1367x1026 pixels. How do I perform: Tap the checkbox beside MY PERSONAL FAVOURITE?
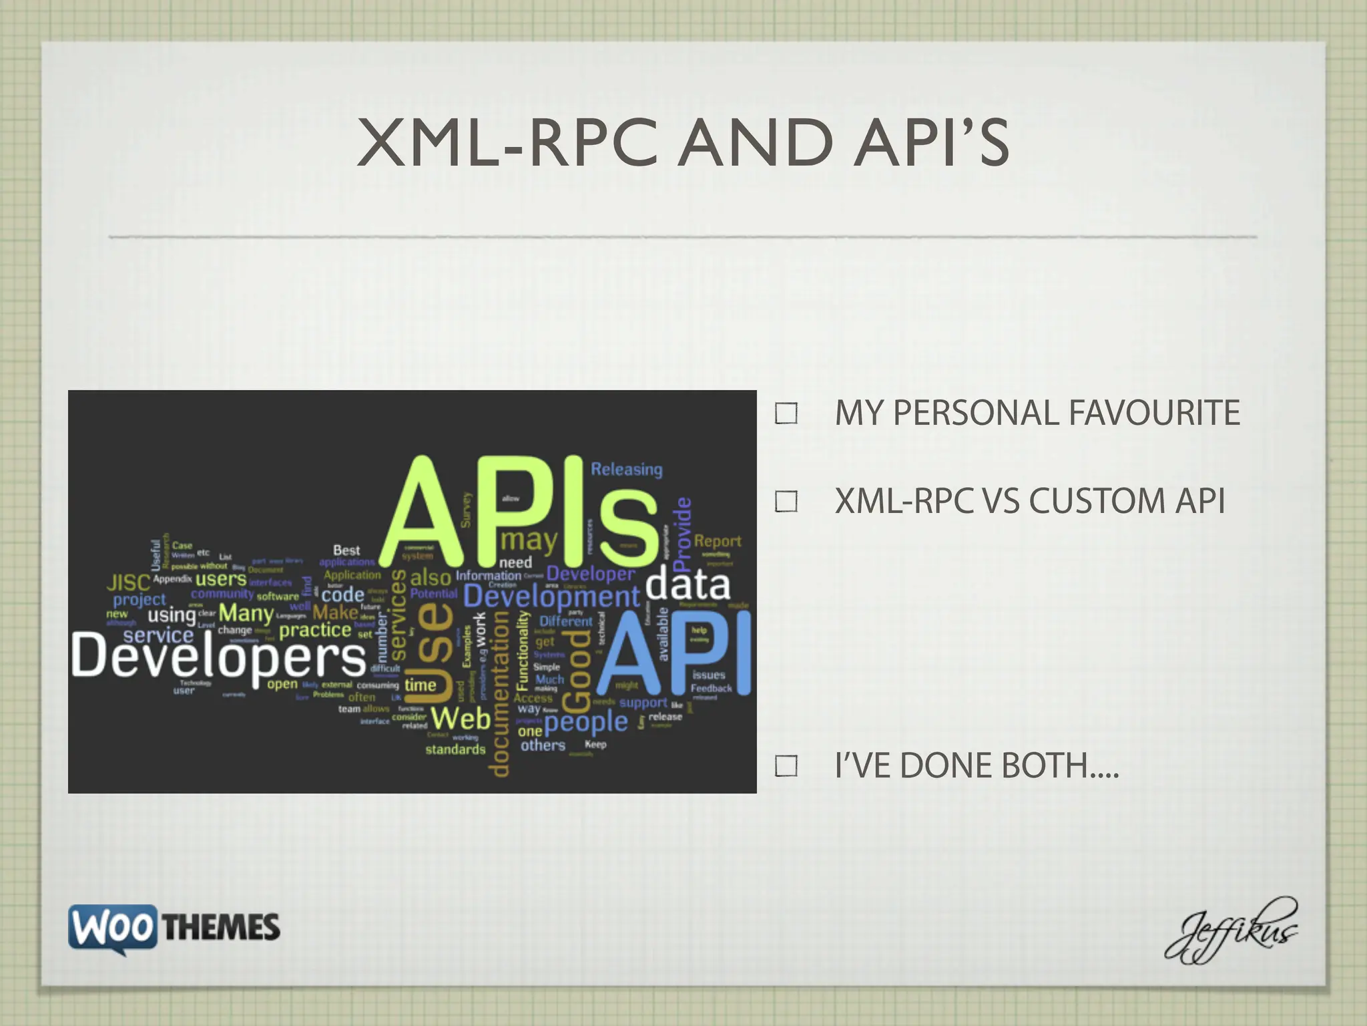[x=786, y=413]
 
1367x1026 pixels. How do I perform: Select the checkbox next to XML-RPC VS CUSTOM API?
[x=786, y=502]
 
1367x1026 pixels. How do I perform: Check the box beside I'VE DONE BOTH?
[x=786, y=766]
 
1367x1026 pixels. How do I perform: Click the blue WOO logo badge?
[x=113, y=927]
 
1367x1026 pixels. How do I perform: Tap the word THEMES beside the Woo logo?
[x=221, y=928]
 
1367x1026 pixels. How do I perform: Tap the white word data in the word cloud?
[x=688, y=584]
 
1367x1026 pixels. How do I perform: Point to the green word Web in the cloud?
[x=461, y=719]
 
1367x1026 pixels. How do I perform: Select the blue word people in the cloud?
[x=586, y=722]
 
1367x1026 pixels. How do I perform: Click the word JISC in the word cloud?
[x=128, y=583]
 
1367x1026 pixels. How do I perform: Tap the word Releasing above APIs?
[x=626, y=470]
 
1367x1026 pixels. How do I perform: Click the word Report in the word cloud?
[x=718, y=541]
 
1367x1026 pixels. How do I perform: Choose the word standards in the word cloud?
[x=455, y=749]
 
